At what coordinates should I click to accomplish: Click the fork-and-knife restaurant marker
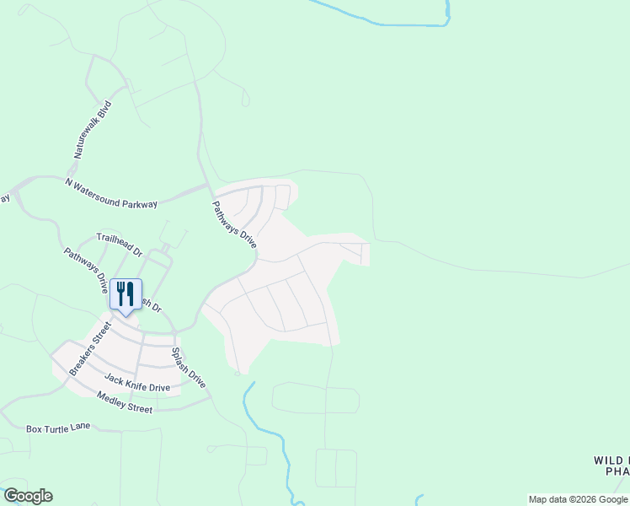click(125, 294)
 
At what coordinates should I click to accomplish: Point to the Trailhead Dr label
click(120, 245)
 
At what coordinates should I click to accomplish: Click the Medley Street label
click(125, 402)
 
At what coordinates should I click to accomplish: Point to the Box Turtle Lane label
click(57, 428)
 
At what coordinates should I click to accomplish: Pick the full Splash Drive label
click(188, 368)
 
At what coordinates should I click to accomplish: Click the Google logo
click(28, 496)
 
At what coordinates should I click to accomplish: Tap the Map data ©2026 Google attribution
click(579, 499)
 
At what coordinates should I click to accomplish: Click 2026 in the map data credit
click(581, 499)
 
